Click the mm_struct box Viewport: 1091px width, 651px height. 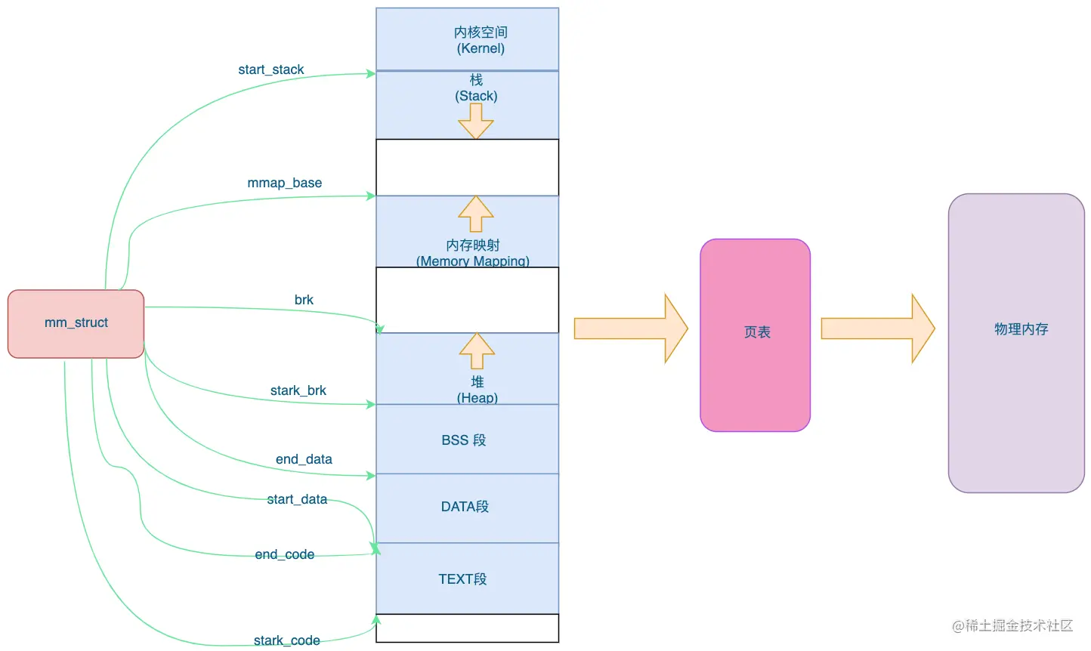tap(76, 324)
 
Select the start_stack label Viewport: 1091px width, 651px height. tap(270, 69)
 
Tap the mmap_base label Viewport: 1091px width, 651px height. tap(284, 183)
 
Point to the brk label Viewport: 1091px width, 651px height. tap(304, 300)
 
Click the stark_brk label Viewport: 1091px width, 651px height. tap(298, 390)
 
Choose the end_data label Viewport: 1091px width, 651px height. tap(304, 459)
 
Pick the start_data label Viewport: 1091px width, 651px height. tap(297, 499)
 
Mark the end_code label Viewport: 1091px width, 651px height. tap(284, 554)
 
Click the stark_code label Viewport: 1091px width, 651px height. tap(287, 640)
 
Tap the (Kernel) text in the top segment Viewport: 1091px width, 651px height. tap(481, 48)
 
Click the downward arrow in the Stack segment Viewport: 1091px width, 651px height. tap(476, 122)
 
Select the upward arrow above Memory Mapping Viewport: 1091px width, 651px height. tap(476, 214)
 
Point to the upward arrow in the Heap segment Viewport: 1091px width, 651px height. tap(477, 350)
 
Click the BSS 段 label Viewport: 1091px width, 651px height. tap(464, 440)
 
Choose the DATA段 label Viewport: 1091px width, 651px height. tap(465, 507)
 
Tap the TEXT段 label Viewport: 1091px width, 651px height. tap(462, 579)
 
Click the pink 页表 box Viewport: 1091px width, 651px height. tap(756, 335)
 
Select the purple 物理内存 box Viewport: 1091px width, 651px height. tap(1016, 344)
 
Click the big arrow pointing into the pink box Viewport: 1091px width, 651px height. tap(631, 329)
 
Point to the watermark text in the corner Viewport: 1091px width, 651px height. tap(1012, 625)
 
